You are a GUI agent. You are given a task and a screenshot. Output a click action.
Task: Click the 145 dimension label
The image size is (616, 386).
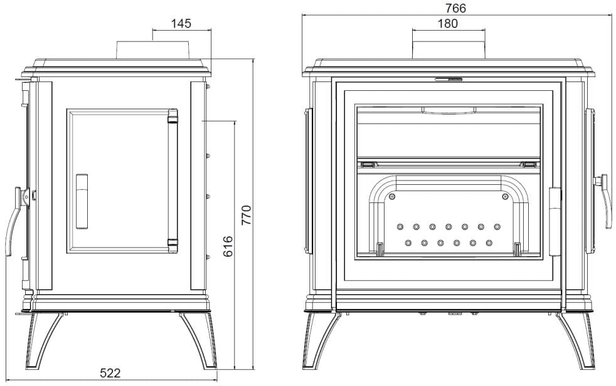(181, 24)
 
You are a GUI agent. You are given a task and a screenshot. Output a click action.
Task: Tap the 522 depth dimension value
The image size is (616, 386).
(110, 373)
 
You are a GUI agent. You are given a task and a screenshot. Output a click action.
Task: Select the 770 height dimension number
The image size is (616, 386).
(246, 214)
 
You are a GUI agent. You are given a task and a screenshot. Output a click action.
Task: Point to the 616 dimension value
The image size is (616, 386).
(228, 246)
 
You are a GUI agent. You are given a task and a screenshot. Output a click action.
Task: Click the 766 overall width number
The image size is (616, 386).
(455, 8)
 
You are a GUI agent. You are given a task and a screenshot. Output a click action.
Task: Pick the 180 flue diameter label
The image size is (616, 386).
(447, 24)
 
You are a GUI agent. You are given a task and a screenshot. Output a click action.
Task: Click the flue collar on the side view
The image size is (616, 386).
(153, 50)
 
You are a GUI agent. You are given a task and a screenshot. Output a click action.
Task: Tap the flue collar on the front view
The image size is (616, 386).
(449, 50)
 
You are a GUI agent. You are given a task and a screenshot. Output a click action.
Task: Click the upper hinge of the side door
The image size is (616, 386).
(173, 116)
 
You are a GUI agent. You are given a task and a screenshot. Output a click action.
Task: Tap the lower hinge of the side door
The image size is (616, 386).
(173, 245)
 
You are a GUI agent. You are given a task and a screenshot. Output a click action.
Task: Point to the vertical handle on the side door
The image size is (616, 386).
(82, 201)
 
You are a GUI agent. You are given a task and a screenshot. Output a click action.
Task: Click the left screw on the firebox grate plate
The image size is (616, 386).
(391, 197)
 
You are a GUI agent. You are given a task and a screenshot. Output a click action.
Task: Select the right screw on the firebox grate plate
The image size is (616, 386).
(505, 197)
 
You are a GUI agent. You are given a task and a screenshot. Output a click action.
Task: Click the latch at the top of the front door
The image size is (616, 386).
(449, 79)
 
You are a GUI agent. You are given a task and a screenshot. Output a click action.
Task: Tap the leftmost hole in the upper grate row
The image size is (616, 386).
(400, 227)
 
